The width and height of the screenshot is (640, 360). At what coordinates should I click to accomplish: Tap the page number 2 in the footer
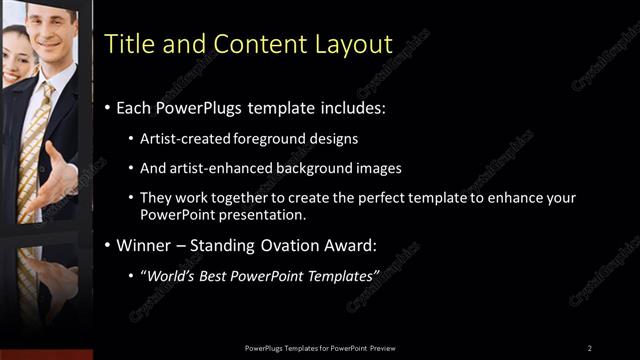pyautogui.click(x=590, y=347)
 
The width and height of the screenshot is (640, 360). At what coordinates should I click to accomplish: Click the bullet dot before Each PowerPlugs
pyautogui.click(x=108, y=107)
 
